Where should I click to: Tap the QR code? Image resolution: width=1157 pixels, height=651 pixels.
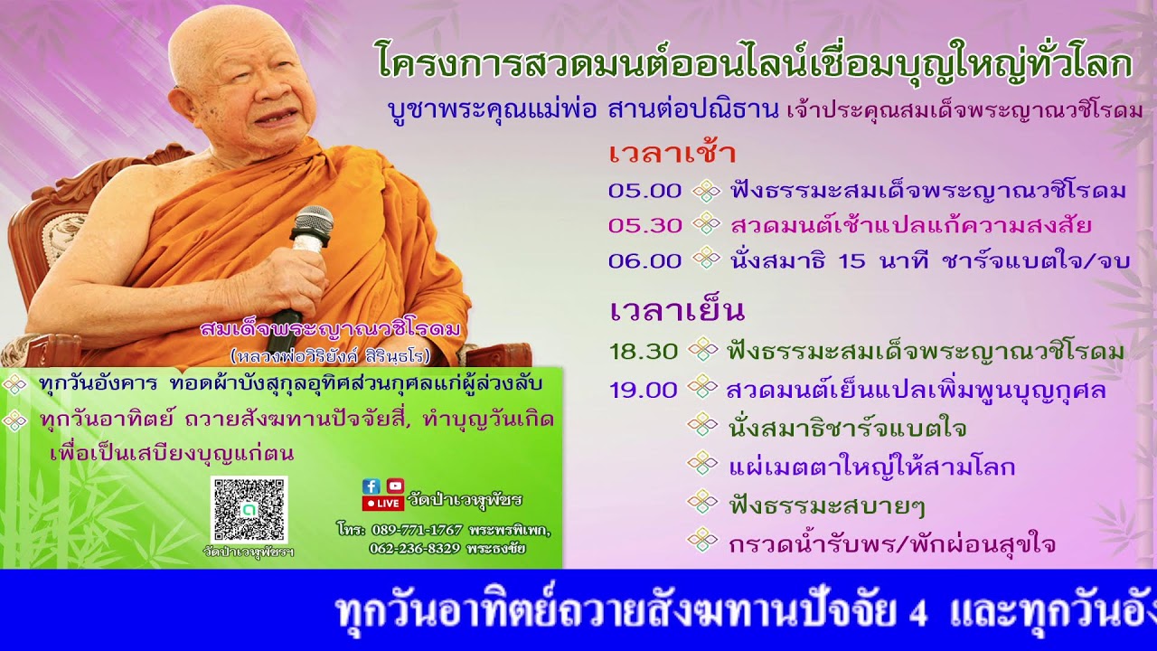coord(249,509)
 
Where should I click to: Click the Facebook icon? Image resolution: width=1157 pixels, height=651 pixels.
coord(371,486)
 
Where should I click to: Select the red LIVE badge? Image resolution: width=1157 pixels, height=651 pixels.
coord(383,503)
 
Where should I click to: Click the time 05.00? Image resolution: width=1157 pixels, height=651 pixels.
coord(644,191)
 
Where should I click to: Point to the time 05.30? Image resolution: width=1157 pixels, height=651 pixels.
coord(644,225)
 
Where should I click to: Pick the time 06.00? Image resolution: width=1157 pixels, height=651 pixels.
coord(644,260)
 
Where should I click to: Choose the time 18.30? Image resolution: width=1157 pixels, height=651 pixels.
coord(643,352)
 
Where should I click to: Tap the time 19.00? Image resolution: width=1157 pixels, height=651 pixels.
coord(643,390)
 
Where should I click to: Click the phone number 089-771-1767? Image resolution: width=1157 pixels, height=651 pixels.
coord(417,530)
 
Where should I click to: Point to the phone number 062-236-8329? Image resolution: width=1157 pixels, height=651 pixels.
coord(415,548)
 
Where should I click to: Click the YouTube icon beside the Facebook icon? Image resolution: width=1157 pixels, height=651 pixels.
coord(395,486)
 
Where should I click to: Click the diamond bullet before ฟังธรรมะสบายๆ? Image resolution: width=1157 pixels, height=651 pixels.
coord(702,503)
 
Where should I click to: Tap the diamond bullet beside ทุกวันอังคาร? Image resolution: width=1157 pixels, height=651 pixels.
coord(15,384)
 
